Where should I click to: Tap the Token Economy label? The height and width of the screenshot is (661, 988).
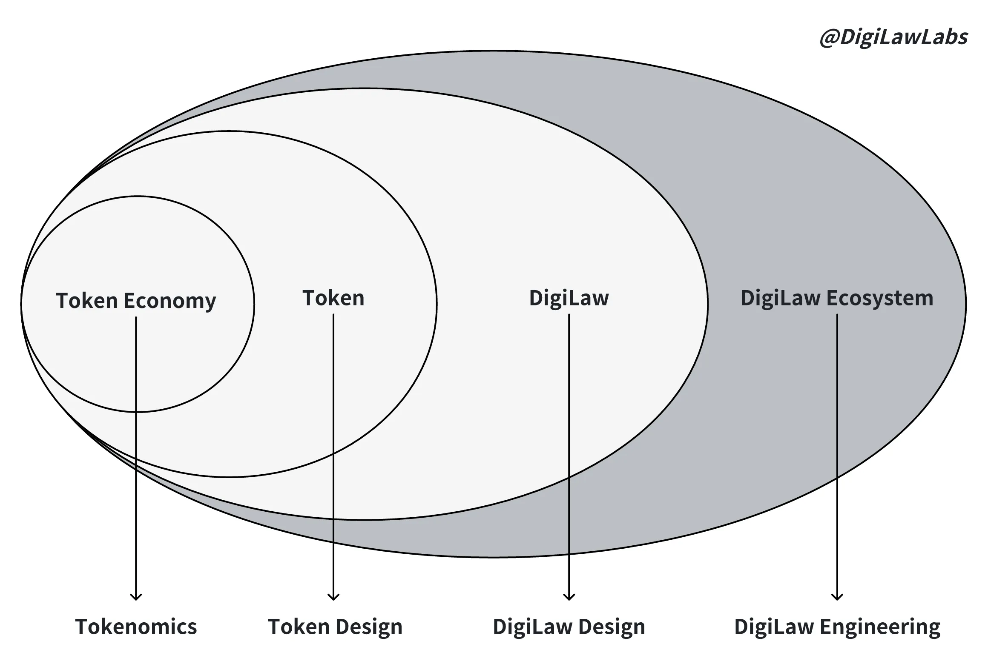pyautogui.click(x=136, y=301)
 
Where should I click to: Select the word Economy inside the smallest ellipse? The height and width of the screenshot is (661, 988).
pyautogui.click(x=169, y=301)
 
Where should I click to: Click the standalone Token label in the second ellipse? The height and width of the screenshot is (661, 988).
pyautogui.click(x=333, y=298)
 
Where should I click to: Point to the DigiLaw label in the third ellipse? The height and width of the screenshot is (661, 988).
pyautogui.click(x=569, y=298)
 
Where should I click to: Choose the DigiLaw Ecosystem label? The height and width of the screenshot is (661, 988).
pyautogui.click(x=837, y=298)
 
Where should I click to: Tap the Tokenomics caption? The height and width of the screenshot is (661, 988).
pyautogui.click(x=136, y=627)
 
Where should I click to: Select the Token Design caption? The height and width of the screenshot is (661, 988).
pyautogui.click(x=335, y=627)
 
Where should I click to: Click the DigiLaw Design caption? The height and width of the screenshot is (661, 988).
pyautogui.click(x=569, y=627)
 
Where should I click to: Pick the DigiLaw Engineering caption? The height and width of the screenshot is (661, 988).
pyautogui.click(x=837, y=627)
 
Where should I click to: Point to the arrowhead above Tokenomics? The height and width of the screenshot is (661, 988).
pyautogui.click(x=136, y=597)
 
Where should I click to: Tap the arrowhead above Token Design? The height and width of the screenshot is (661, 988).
pyautogui.click(x=333, y=597)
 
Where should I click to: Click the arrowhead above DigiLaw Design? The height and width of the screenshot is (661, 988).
pyautogui.click(x=569, y=597)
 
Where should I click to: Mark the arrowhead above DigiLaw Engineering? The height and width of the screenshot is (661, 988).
pyautogui.click(x=837, y=597)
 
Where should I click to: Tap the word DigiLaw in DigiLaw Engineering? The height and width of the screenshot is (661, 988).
pyautogui.click(x=774, y=627)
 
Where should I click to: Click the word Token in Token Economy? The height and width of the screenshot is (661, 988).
pyautogui.click(x=87, y=301)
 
